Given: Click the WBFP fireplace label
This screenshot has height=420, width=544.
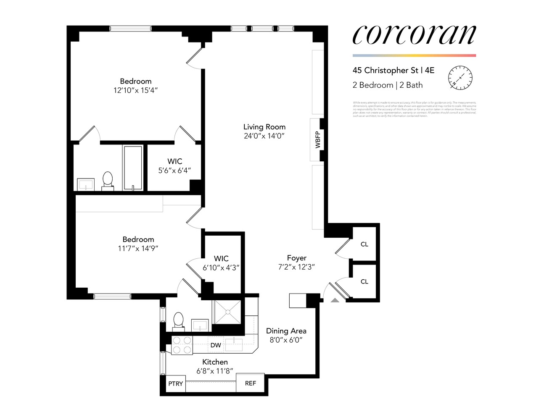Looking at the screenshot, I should [x=317, y=139].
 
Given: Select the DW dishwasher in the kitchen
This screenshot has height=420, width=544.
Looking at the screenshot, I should [x=216, y=345].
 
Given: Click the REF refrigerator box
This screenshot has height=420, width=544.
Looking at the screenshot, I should [x=250, y=383].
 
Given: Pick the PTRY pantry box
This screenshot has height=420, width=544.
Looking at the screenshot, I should [x=176, y=383].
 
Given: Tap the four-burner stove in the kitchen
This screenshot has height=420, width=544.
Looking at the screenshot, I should [x=182, y=345].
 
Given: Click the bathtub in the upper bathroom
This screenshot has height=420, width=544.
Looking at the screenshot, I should [x=133, y=168].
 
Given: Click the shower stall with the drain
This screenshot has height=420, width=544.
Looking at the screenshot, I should [x=227, y=312].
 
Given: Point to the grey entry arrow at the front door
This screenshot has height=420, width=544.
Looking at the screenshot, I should [x=335, y=300].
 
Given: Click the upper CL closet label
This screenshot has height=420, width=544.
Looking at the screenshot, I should [x=364, y=244].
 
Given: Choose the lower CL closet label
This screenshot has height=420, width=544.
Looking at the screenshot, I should [x=364, y=281].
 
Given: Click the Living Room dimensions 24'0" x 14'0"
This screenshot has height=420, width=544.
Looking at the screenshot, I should [x=264, y=136].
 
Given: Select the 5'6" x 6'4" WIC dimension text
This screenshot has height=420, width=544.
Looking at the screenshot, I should [x=174, y=171].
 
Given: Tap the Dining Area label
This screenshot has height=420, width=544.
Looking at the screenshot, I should [x=286, y=331].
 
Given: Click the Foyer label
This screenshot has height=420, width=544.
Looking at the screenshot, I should [x=296, y=258].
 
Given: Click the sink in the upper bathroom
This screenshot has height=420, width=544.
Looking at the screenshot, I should [x=86, y=184].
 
